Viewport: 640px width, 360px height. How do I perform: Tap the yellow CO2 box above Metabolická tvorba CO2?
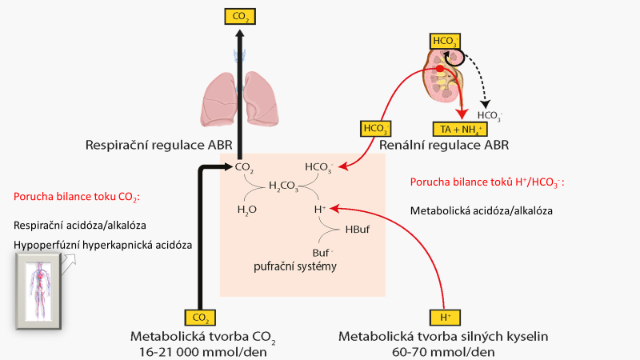click(x=201, y=318)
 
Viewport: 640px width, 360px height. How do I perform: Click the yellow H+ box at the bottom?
click(x=442, y=318)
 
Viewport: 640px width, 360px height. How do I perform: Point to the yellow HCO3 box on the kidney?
click(x=445, y=40)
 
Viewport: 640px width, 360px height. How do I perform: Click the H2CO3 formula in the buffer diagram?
click(x=284, y=186)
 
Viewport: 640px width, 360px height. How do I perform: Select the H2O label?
click(x=247, y=209)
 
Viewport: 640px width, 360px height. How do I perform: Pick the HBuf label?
click(x=358, y=230)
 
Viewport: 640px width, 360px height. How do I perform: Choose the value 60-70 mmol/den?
click(x=444, y=351)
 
